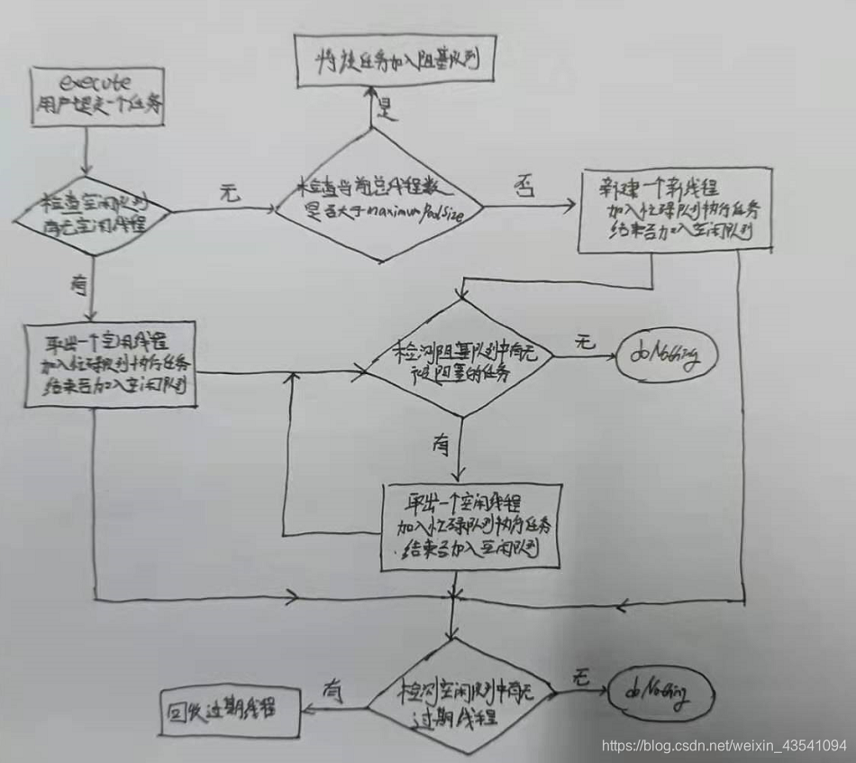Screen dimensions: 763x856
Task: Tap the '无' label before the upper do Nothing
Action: pyautogui.click(x=584, y=342)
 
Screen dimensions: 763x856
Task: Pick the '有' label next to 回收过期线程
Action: pyautogui.click(x=331, y=691)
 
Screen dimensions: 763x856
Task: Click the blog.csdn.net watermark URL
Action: pyautogui.click(x=724, y=745)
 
